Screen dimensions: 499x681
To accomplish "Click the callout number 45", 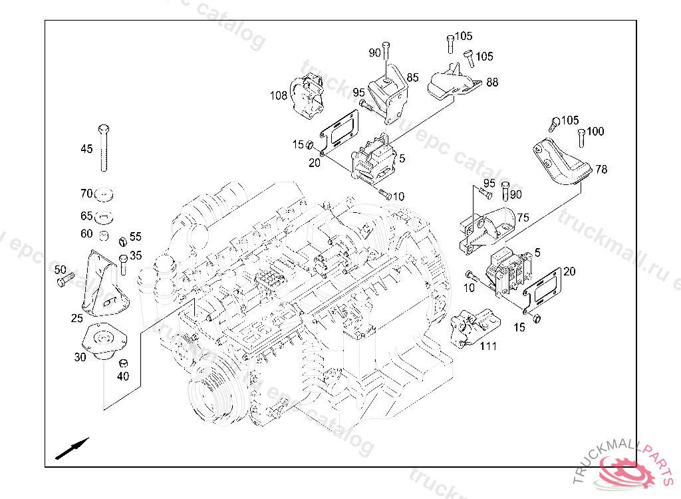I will point(87,149).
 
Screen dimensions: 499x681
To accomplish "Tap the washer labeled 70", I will point(104,194).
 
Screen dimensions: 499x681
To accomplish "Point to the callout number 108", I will point(279,96).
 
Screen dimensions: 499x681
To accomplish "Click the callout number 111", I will point(488,346).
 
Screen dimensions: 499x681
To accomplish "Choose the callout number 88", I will point(492,83).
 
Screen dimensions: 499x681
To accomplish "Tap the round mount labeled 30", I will point(103,342).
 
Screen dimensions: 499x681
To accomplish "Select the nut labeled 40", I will point(123,363).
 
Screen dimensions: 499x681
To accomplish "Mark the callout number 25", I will point(77,319).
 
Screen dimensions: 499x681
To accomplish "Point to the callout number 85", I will point(413,78).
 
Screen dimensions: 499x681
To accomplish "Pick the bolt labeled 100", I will point(581,138).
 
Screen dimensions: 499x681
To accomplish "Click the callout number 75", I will point(523,218).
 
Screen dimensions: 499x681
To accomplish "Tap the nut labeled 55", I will point(123,241).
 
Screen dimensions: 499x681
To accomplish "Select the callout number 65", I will point(86,216).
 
